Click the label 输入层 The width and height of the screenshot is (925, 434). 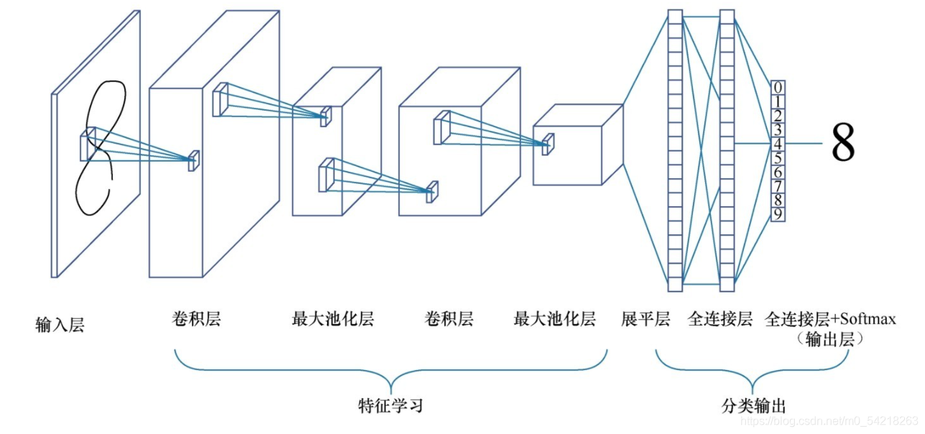(60, 325)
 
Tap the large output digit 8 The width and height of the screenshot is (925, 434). (843, 143)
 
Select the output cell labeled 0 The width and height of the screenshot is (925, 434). (778, 88)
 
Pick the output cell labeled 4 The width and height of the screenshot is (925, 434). (778, 144)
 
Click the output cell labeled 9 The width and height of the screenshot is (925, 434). (778, 213)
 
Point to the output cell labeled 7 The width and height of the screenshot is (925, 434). (778, 186)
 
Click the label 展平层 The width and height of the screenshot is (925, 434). (645, 319)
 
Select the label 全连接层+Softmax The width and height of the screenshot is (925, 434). (831, 319)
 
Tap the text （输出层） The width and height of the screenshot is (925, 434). (831, 339)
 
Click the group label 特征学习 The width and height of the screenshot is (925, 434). (390, 405)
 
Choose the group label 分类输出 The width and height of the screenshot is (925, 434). (753, 405)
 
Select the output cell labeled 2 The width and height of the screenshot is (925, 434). (778, 116)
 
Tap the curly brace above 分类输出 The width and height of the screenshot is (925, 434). (753, 371)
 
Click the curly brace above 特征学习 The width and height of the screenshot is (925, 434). (390, 371)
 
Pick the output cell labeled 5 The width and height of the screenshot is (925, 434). (778, 158)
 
